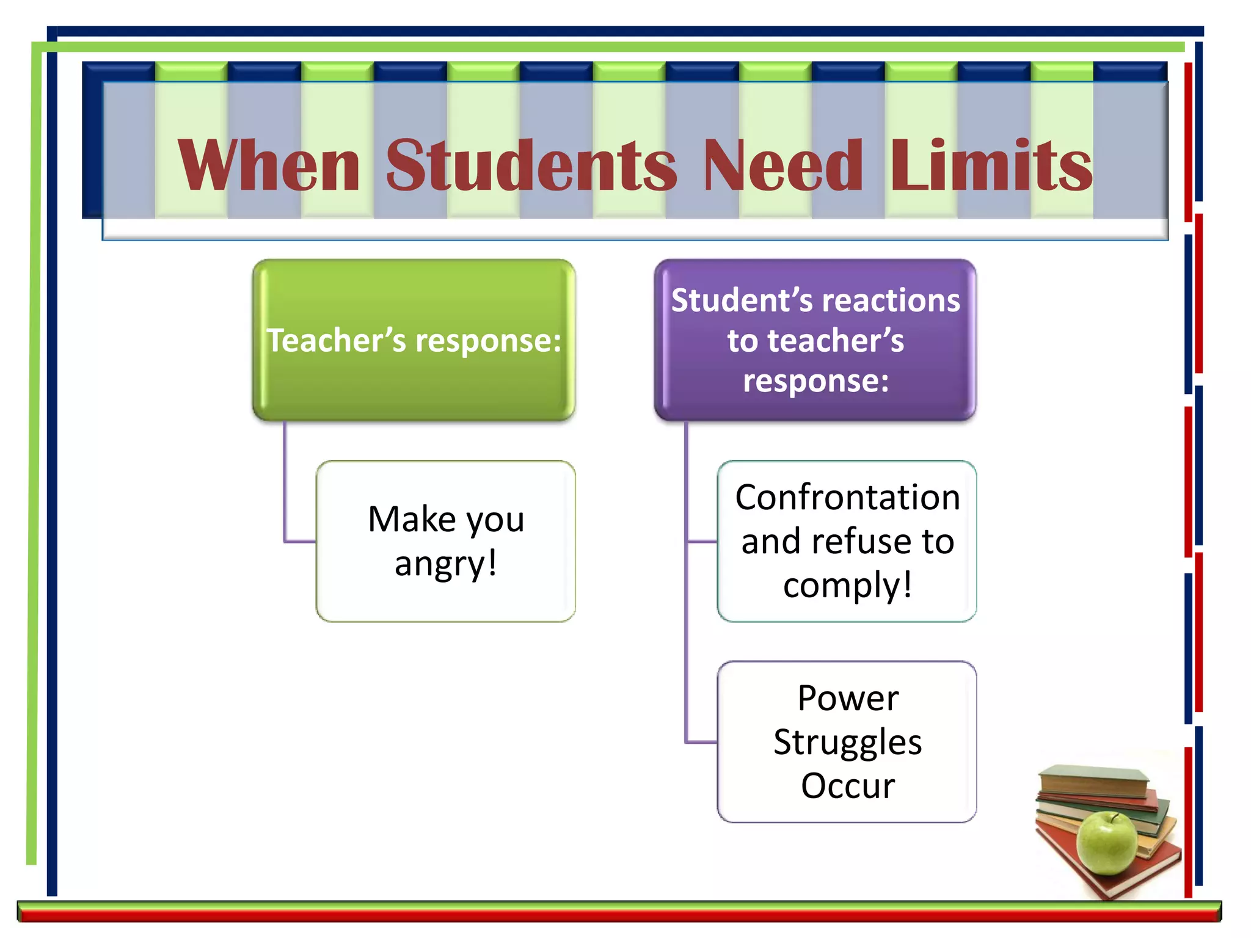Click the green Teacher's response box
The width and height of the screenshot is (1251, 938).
[x=414, y=340]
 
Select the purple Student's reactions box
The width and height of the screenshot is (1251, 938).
[x=815, y=340]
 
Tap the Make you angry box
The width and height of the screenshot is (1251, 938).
[x=446, y=541]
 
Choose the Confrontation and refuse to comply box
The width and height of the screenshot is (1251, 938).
[x=847, y=541]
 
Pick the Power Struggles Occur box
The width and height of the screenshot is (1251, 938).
[x=847, y=741]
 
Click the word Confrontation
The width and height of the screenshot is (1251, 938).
[x=847, y=498]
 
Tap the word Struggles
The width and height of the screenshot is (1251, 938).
[x=847, y=743]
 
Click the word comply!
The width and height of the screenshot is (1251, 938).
[x=848, y=586]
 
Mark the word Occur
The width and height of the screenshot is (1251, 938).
[x=848, y=786]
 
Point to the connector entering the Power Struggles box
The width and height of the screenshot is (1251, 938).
[x=701, y=742]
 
